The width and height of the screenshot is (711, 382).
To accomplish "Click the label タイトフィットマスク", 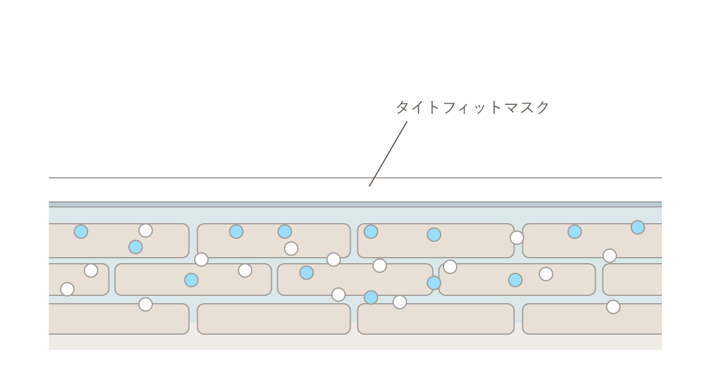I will click(472, 108).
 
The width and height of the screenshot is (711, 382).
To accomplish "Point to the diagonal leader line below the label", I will click(388, 153).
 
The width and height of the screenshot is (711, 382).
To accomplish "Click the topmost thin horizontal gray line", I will click(355, 178).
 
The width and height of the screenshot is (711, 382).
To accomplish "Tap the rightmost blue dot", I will click(638, 227).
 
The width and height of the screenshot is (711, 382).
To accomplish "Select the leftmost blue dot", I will click(81, 232).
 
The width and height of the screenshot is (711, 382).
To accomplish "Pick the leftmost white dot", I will click(67, 289).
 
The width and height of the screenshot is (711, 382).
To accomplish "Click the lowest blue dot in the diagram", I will click(371, 297).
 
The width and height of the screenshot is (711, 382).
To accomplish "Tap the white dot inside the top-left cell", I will click(146, 230).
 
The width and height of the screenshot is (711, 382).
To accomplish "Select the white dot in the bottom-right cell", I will click(613, 307).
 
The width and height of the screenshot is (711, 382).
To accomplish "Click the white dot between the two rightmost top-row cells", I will click(517, 238).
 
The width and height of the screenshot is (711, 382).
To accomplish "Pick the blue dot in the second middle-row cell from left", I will click(191, 280).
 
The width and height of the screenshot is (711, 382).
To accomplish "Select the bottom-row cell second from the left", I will click(274, 319).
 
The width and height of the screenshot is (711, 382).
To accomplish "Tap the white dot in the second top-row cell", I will click(291, 249).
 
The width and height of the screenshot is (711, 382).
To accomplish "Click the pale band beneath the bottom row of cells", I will click(355, 343).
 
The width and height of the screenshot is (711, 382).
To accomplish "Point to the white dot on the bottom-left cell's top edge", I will click(146, 304).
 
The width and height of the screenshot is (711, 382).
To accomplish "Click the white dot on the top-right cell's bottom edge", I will click(610, 256).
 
